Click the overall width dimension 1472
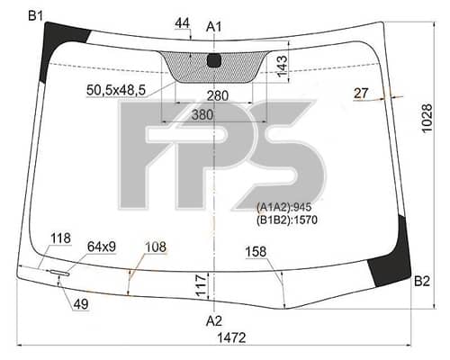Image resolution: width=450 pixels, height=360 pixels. click(x=231, y=338)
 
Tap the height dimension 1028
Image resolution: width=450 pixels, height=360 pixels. click(x=427, y=118)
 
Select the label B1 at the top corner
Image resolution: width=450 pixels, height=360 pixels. click(x=36, y=16)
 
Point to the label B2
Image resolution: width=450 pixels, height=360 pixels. click(x=422, y=281)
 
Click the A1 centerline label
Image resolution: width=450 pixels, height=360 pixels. click(x=214, y=27)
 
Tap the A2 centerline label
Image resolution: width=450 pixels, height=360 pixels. click(x=214, y=321)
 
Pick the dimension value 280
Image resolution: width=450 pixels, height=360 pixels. click(x=218, y=95)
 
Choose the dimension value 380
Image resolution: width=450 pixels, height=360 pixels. click(x=202, y=114)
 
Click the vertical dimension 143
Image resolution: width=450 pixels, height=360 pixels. click(x=282, y=67)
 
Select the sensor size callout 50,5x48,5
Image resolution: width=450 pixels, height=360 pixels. click(x=116, y=89)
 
